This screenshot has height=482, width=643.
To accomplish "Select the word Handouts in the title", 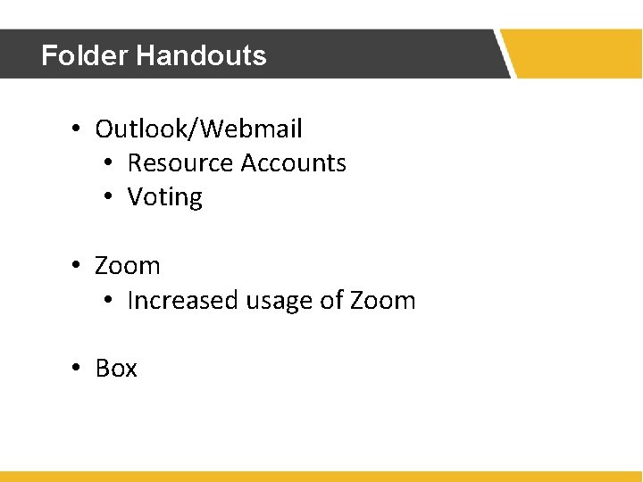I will [201, 55].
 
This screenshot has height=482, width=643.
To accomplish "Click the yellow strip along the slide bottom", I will [321, 477].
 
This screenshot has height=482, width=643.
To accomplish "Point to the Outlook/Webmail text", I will [198, 129].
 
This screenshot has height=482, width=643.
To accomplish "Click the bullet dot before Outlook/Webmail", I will [78, 130].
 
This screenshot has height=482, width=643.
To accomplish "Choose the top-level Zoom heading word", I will [128, 266].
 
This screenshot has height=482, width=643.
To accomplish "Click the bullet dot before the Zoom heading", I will [78, 267].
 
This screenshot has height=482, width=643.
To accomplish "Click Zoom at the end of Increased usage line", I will [383, 301].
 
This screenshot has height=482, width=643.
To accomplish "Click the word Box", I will [116, 369].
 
